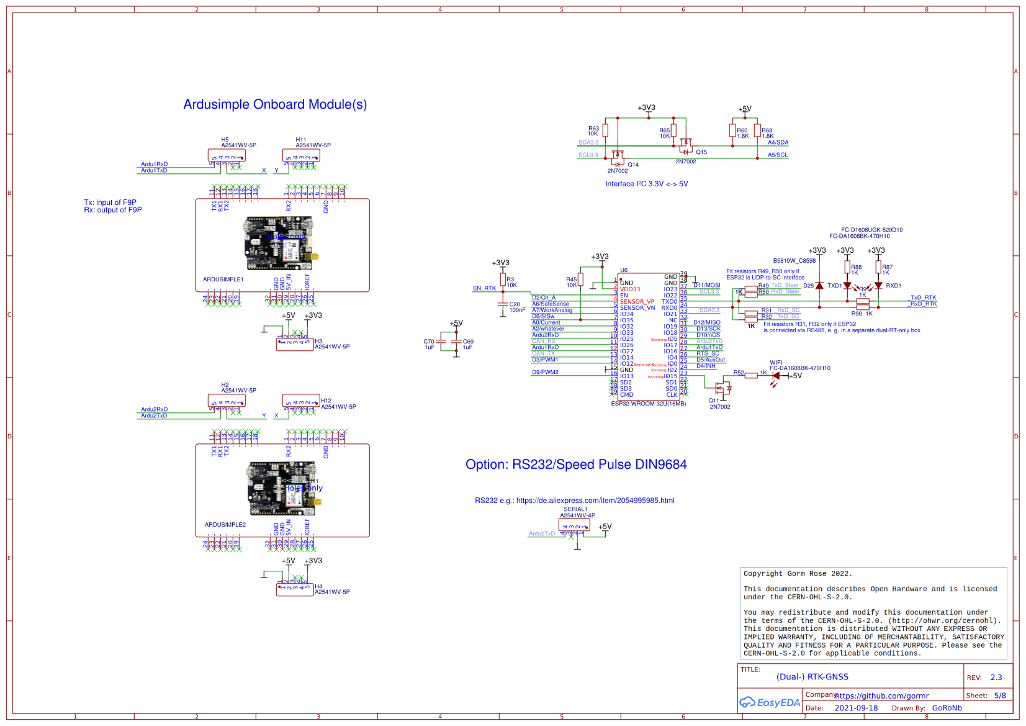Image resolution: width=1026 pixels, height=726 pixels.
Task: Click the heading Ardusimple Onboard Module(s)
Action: point(275,104)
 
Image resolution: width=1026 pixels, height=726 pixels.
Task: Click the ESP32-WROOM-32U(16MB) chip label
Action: point(648,404)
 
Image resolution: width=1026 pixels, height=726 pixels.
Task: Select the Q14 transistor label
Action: point(632,165)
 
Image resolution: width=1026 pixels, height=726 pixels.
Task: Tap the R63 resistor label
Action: point(593,129)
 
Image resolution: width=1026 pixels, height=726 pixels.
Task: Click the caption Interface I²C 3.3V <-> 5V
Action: point(646,184)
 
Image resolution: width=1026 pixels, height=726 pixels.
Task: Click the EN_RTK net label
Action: point(484,288)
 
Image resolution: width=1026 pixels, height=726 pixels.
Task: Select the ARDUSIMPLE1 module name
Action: point(223,279)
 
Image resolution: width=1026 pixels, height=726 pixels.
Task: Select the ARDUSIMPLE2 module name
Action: point(225,525)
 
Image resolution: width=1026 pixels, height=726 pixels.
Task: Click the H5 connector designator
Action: point(225,140)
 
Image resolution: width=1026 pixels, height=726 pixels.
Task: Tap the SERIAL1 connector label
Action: point(575,509)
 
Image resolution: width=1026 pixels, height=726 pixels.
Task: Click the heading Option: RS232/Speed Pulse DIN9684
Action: point(575,465)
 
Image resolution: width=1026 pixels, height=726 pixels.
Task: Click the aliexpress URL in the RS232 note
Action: point(595,501)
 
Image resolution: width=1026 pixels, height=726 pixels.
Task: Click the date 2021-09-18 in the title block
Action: point(855,708)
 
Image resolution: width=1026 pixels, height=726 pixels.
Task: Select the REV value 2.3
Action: point(996,678)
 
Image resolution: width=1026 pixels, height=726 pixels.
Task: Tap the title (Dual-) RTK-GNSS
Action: point(812,677)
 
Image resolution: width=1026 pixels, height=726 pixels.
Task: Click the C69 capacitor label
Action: point(468,342)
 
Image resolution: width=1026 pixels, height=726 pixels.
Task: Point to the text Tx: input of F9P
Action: point(110,202)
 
